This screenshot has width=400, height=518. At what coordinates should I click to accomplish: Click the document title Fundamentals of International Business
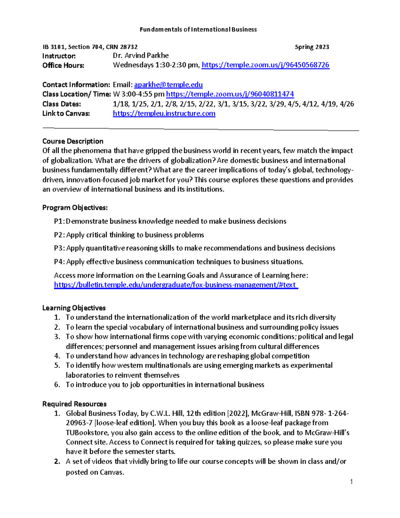pos(198,29)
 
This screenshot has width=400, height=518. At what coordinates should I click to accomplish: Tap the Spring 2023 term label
pos(312,47)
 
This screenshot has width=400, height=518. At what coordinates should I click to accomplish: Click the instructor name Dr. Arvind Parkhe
pos(141,56)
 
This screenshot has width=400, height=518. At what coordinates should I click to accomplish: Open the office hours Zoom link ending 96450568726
pos(265,65)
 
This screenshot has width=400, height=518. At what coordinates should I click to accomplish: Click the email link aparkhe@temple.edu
pos(168,85)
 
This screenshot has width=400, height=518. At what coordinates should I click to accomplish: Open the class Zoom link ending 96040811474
pos(230,94)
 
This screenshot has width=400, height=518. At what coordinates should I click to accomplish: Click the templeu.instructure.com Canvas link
pos(164,113)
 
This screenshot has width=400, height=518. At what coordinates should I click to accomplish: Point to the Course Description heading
pos(73,141)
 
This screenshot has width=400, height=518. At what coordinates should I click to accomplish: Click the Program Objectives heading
pos(75,208)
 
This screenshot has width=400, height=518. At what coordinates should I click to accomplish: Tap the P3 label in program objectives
pos(59,248)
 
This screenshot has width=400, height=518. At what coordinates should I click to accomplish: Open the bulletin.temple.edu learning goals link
pos(176,285)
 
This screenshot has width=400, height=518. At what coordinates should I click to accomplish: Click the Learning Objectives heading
pos(74,308)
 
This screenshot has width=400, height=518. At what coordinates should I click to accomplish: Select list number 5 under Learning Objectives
pos(57,366)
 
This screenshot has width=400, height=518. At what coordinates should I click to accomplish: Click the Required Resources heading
pos(74,404)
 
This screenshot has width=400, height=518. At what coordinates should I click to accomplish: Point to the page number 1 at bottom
pos(351,482)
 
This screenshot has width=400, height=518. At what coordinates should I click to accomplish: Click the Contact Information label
pos(76,85)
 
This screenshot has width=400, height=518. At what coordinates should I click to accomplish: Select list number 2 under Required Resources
pos(57,462)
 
